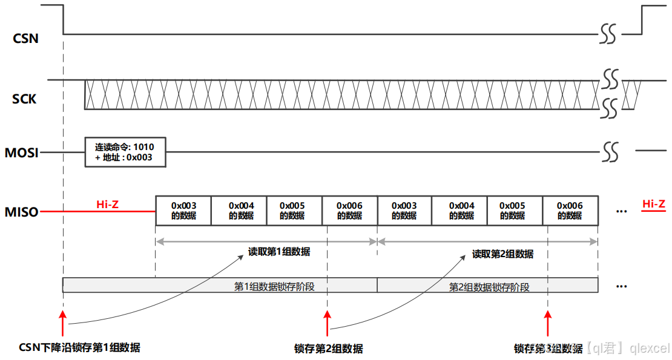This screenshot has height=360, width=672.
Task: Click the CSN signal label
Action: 25,39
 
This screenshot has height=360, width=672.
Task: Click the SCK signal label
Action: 24,99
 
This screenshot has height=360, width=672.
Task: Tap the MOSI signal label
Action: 21,153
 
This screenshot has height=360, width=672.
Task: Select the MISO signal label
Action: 21,212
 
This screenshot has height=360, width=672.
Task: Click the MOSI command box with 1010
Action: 125,152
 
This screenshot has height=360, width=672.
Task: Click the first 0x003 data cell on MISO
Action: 183,211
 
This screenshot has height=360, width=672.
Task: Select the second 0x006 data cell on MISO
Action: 570,211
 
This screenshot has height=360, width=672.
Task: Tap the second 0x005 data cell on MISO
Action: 515,211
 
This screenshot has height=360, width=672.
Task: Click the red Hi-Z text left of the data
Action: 107,205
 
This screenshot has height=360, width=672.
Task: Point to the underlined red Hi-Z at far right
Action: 654,205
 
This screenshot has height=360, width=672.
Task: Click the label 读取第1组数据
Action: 279,252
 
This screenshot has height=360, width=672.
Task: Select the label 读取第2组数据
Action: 502,254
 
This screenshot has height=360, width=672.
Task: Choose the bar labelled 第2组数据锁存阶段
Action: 488,286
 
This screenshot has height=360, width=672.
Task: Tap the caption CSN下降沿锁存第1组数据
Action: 80,347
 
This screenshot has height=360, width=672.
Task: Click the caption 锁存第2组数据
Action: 329,349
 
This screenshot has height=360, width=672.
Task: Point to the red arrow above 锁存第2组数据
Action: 328,324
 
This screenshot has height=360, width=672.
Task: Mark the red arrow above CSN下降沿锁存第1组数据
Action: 63,324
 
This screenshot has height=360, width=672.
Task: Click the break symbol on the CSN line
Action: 608,34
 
